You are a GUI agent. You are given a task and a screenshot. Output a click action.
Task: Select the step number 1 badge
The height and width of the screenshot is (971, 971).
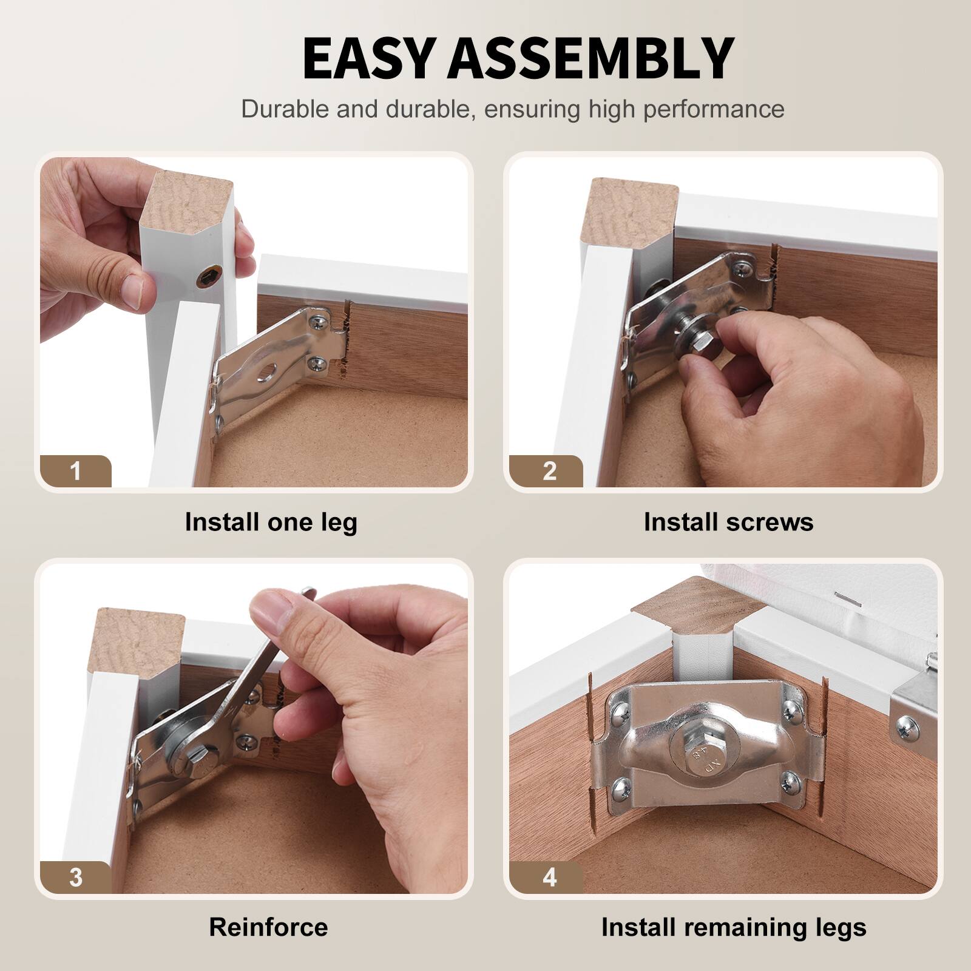(x=75, y=471)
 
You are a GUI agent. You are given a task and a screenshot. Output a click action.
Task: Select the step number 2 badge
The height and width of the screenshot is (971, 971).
(x=550, y=471)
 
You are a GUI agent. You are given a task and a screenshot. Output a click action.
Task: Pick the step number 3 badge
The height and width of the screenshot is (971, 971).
(x=75, y=878)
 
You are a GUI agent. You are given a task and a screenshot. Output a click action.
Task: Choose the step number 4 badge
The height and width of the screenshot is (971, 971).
(x=550, y=878)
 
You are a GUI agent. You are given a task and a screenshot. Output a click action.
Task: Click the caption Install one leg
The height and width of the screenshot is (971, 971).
(x=271, y=523)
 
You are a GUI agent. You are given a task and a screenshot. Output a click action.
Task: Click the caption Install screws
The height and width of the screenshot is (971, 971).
(x=728, y=522)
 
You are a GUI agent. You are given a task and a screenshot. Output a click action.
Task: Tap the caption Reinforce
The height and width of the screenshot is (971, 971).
(x=268, y=927)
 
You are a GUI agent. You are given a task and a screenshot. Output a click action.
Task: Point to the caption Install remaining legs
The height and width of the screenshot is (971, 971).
(x=734, y=928)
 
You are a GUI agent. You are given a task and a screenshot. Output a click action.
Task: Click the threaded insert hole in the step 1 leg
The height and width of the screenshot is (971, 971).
(x=207, y=279)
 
